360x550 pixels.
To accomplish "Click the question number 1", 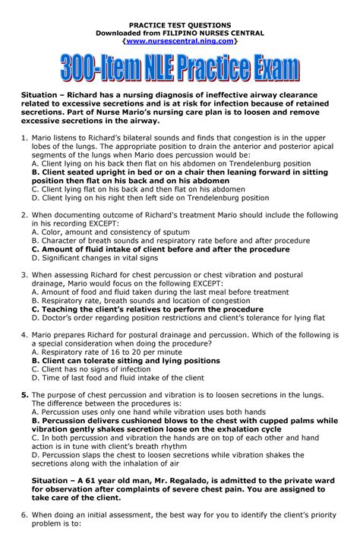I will coord(23,139).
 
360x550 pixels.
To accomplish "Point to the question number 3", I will coord(23,277).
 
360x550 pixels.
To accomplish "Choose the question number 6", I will coord(23,534).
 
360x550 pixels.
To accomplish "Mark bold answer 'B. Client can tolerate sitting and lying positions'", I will coord(126,361).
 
